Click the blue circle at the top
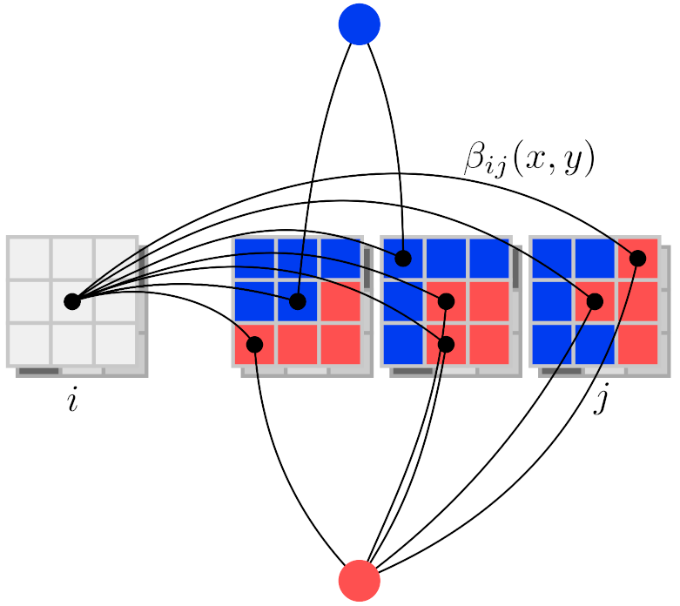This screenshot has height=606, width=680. pos(360,24)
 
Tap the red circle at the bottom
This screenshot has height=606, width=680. pos(360,580)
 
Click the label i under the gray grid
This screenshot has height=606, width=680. pos(72,402)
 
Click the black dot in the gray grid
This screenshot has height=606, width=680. pos(72,301)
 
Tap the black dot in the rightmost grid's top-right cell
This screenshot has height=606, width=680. pos(637,258)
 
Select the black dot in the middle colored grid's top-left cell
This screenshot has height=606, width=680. pos(402,258)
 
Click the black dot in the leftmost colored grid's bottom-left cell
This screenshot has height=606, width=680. pos(254,345)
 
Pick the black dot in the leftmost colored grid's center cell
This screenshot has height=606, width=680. pos(298,301)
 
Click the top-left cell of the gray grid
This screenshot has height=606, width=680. pos(29,259)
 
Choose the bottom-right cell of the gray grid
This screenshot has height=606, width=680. pos(116,344)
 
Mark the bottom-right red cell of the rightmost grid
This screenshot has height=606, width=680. pos(637,344)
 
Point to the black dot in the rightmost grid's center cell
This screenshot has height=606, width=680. pos(595,301)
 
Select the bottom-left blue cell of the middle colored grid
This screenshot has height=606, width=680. pos(402,344)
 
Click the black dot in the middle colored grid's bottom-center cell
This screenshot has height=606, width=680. pos(446,345)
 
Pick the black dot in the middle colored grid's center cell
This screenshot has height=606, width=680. pos(446,301)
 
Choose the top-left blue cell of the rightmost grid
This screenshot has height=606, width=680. pos(551,259)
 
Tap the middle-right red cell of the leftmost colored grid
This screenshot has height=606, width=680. pos(340,301)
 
